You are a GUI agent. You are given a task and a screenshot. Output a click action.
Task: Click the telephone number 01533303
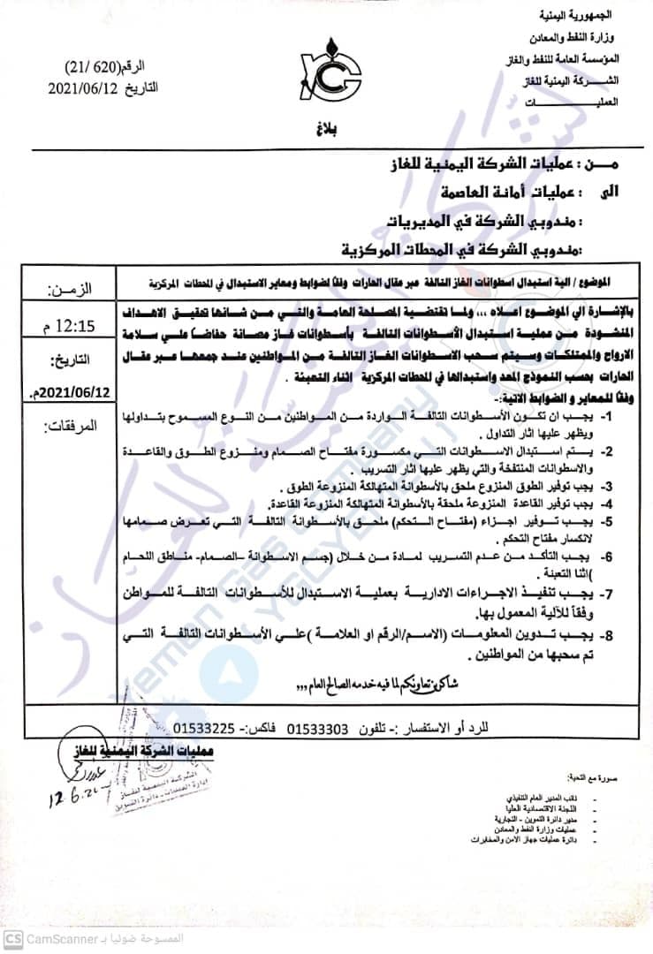point(320,730)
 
